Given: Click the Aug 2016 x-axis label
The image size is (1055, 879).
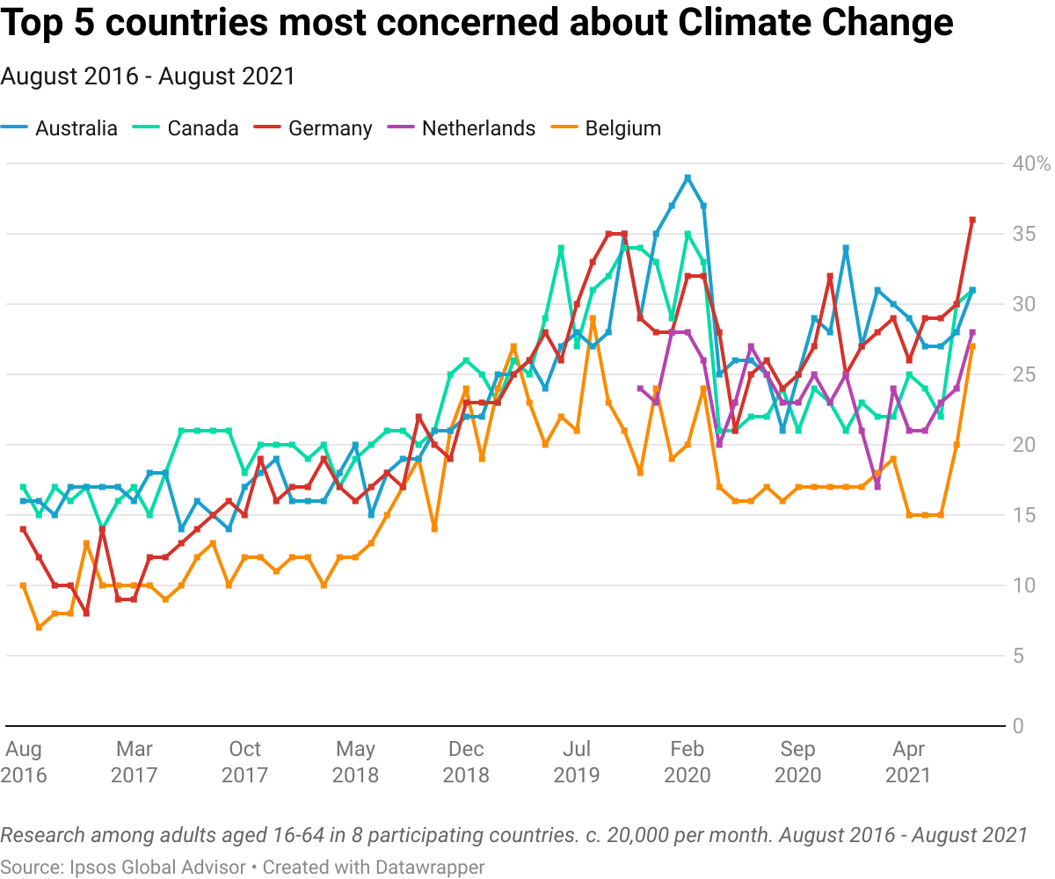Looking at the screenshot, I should pos(24,762).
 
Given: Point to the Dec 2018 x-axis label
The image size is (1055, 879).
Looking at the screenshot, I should pos(466,762).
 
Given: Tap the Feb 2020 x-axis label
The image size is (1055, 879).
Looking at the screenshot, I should pos(687,762).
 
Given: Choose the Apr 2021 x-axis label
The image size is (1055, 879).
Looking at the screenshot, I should pos(908,762).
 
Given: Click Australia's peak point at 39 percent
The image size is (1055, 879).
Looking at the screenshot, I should pos(688,178).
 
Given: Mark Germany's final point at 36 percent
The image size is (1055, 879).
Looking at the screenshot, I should pos(972,220).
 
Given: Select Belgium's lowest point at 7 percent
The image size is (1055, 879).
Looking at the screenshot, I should pos(39,628).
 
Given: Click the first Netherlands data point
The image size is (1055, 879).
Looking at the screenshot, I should pos(640,389).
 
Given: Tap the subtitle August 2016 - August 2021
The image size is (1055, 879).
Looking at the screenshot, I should pos(148,76).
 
